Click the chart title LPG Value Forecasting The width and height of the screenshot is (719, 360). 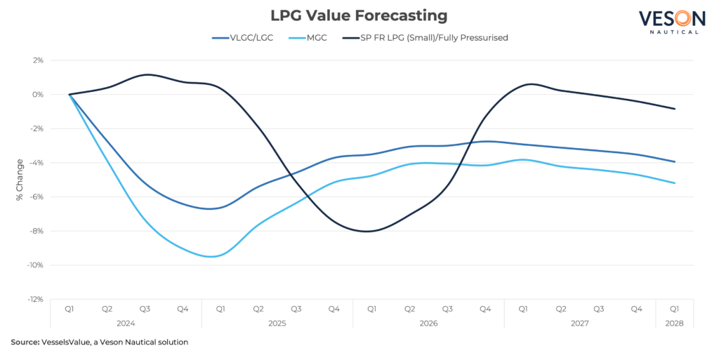[359, 15]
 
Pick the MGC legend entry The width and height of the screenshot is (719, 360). [317, 37]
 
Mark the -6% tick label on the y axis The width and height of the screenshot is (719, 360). [37, 196]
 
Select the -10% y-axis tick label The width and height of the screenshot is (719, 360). [36, 265]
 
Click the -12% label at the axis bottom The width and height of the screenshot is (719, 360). [36, 300]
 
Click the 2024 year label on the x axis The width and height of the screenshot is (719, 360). [126, 324]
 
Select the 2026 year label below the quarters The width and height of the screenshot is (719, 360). [428, 324]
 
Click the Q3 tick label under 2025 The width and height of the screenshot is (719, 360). [296, 309]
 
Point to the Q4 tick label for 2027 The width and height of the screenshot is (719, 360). [637, 309]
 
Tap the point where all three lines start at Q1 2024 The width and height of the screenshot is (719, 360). [69, 94]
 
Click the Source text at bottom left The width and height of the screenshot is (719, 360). [25, 343]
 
